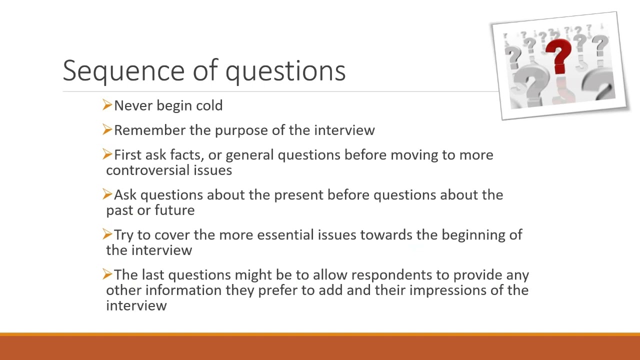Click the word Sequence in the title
tap(123, 71)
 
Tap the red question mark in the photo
tap(558, 56)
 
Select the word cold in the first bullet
tap(209, 105)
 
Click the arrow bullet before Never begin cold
tap(107, 105)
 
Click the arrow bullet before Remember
tap(107, 129)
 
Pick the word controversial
tap(148, 170)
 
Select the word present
tap(299, 195)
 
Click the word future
tap(174, 210)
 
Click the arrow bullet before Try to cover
tap(107, 234)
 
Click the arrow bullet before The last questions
tap(107, 274)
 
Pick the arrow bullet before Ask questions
tap(107, 194)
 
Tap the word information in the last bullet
tap(183, 290)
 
